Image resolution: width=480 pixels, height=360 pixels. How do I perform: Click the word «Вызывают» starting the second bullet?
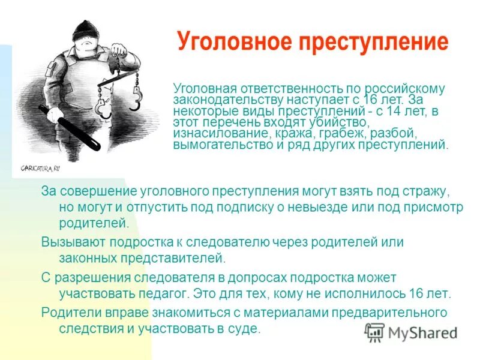coord(68,242)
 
